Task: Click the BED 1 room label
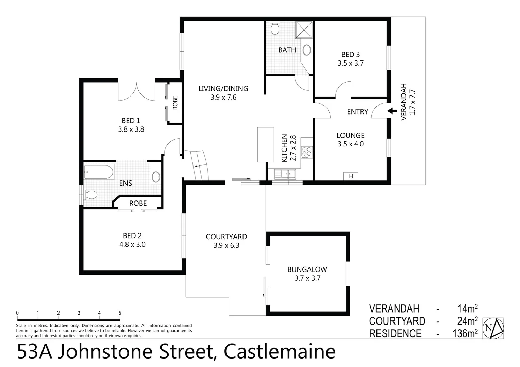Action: coord(131,121)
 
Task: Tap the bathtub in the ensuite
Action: coord(99,172)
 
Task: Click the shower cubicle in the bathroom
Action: coord(304,30)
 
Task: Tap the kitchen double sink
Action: coord(285,174)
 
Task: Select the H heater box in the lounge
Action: coord(351,176)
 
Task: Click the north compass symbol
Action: coord(493,328)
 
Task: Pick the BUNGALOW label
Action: coord(307,269)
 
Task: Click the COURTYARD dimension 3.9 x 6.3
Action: coord(226,245)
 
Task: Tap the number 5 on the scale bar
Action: coord(120,313)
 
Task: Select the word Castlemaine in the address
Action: coord(280,352)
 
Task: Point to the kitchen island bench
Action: coord(266,144)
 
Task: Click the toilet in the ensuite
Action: coord(91,195)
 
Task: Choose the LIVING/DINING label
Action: coord(223,89)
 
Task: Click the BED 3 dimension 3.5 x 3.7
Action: coord(350,63)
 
